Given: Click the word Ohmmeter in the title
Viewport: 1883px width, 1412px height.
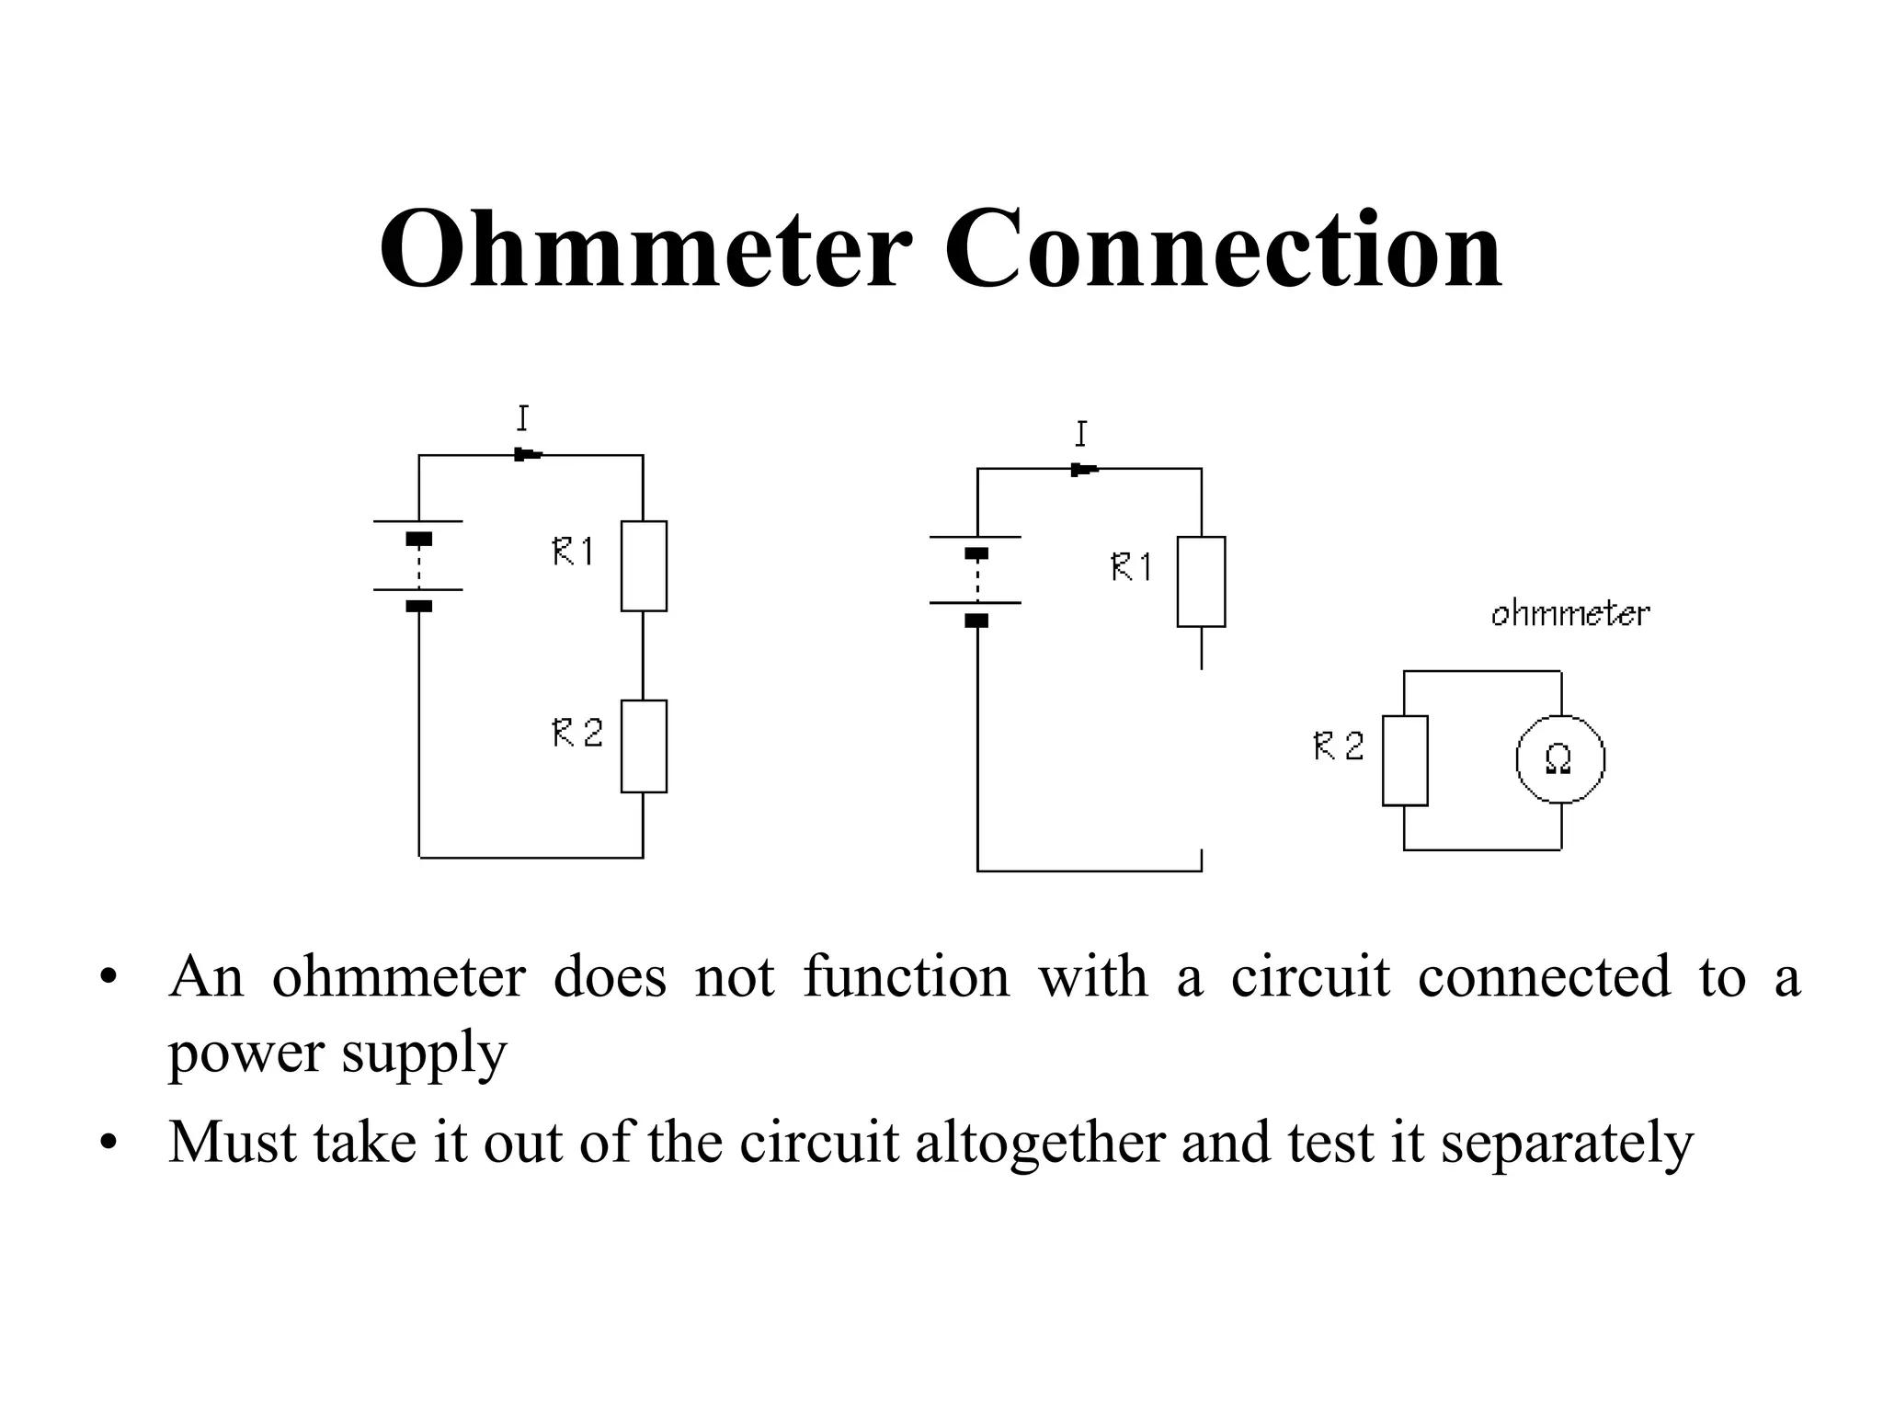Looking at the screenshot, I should (645, 250).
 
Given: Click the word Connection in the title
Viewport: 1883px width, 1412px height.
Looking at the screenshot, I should (1223, 250).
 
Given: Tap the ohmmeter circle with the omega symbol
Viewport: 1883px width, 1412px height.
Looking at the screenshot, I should (1559, 759).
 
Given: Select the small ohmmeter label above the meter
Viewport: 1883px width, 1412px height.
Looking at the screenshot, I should (1569, 613).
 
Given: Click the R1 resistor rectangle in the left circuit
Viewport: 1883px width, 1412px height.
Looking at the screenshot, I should (644, 566).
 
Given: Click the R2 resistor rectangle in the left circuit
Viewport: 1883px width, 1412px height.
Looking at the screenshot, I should (644, 746).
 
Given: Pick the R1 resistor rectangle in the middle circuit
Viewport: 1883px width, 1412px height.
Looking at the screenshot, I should (1201, 582).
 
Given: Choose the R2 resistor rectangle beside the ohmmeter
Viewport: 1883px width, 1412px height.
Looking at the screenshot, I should (1405, 760).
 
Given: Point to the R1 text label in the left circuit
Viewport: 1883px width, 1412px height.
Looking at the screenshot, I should (573, 552).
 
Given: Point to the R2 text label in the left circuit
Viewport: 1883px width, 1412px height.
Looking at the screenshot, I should (576, 733).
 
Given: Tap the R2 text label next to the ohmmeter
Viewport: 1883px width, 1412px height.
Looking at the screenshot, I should (1338, 746).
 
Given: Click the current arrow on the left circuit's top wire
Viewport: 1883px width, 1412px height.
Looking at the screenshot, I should (528, 454).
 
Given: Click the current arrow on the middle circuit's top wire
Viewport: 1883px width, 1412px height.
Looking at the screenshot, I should (1084, 470).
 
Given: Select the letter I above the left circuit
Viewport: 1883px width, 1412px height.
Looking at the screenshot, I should (522, 418).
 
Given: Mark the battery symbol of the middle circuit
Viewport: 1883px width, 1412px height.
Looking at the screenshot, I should (976, 586).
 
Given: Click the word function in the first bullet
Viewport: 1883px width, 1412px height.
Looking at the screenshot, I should (906, 976).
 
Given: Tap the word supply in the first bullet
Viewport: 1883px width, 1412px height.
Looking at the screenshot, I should (424, 1053).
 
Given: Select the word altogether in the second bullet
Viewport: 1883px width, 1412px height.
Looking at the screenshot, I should (1040, 1143).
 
